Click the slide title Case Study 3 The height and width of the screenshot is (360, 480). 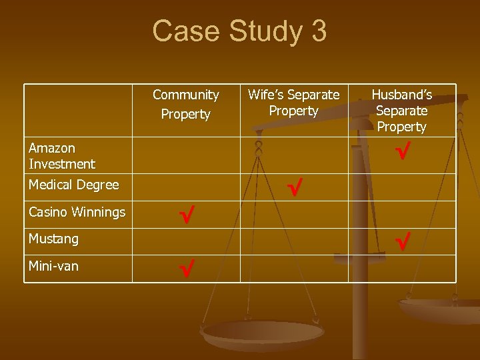(x=239, y=31)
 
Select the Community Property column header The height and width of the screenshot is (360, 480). (x=185, y=105)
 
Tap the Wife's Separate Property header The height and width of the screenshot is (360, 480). (x=293, y=103)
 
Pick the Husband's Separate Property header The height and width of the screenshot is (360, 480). (x=401, y=111)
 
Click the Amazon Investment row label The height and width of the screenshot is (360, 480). (x=62, y=155)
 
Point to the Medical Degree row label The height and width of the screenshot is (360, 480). (x=73, y=185)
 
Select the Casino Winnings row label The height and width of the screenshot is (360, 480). (x=77, y=212)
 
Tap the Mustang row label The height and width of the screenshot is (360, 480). (x=53, y=238)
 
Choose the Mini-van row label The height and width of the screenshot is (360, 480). (x=53, y=266)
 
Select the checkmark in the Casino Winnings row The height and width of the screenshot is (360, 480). (x=186, y=214)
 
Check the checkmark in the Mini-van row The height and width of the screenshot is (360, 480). (x=186, y=269)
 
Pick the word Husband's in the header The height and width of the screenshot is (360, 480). (x=401, y=95)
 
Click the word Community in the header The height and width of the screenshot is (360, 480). (x=185, y=95)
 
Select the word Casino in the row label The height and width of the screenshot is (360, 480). (x=48, y=212)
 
